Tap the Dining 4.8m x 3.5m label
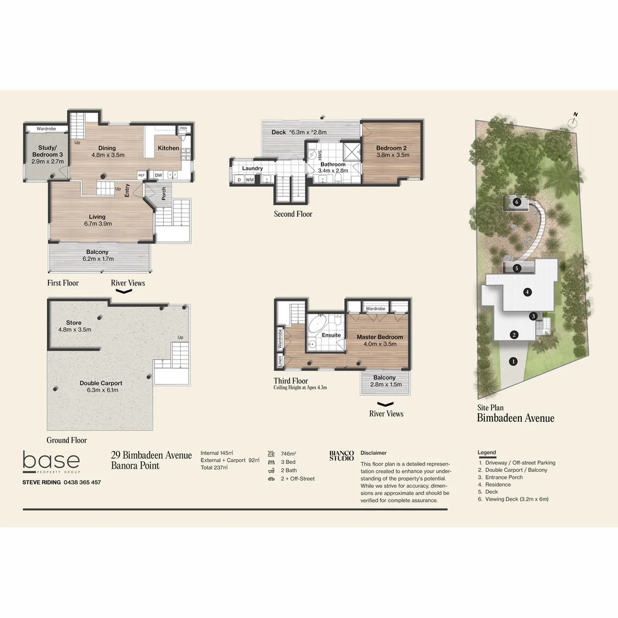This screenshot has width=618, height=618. tap(108, 151)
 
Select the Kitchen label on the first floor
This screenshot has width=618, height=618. tap(168, 148)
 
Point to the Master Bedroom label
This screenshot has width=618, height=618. tap(379, 340)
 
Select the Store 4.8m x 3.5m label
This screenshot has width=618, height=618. tap(74, 326)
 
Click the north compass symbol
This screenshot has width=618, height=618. tap(573, 121)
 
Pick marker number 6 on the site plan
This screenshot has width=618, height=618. tap(516, 201)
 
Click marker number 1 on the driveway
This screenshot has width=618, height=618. tap(513, 361)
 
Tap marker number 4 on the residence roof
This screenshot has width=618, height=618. tap(528, 292)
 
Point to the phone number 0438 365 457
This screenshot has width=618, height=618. tap(82, 482)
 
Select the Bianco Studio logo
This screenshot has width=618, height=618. tap(342, 455)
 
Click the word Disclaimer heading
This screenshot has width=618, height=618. tap(374, 453)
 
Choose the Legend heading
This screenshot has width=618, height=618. tap(487, 453)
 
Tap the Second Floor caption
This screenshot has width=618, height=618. tap(293, 214)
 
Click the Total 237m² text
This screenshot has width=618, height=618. tap(214, 468)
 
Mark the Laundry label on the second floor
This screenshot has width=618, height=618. tap(252, 168)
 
